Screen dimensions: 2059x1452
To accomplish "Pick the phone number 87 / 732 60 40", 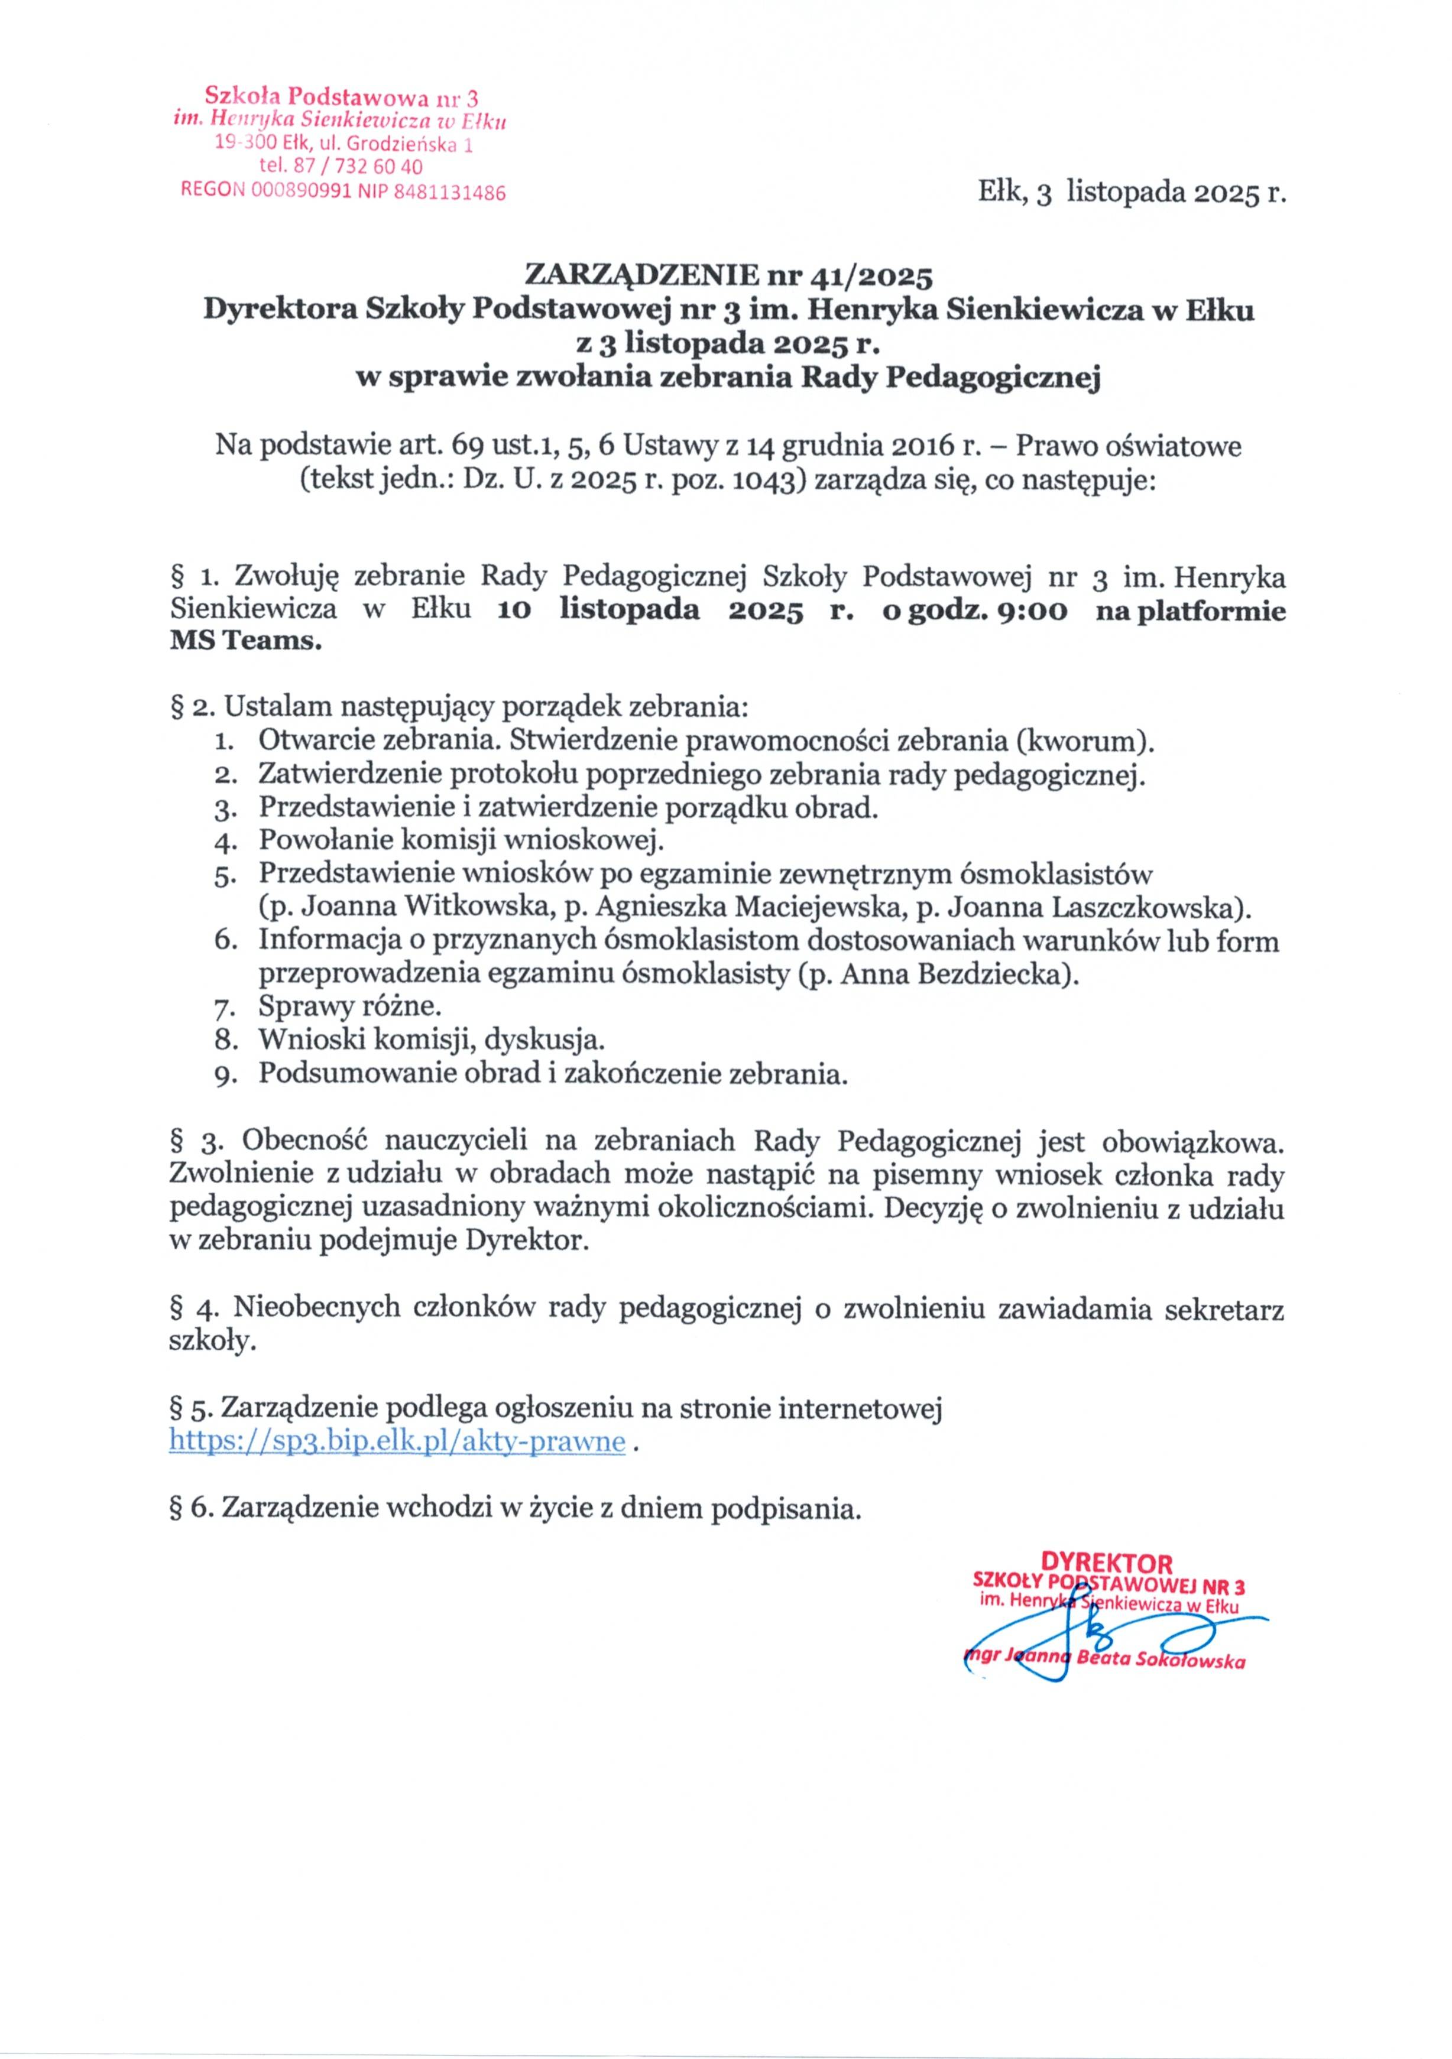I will pos(354,167).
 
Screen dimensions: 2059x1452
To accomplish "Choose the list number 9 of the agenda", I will pos(224,1075).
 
